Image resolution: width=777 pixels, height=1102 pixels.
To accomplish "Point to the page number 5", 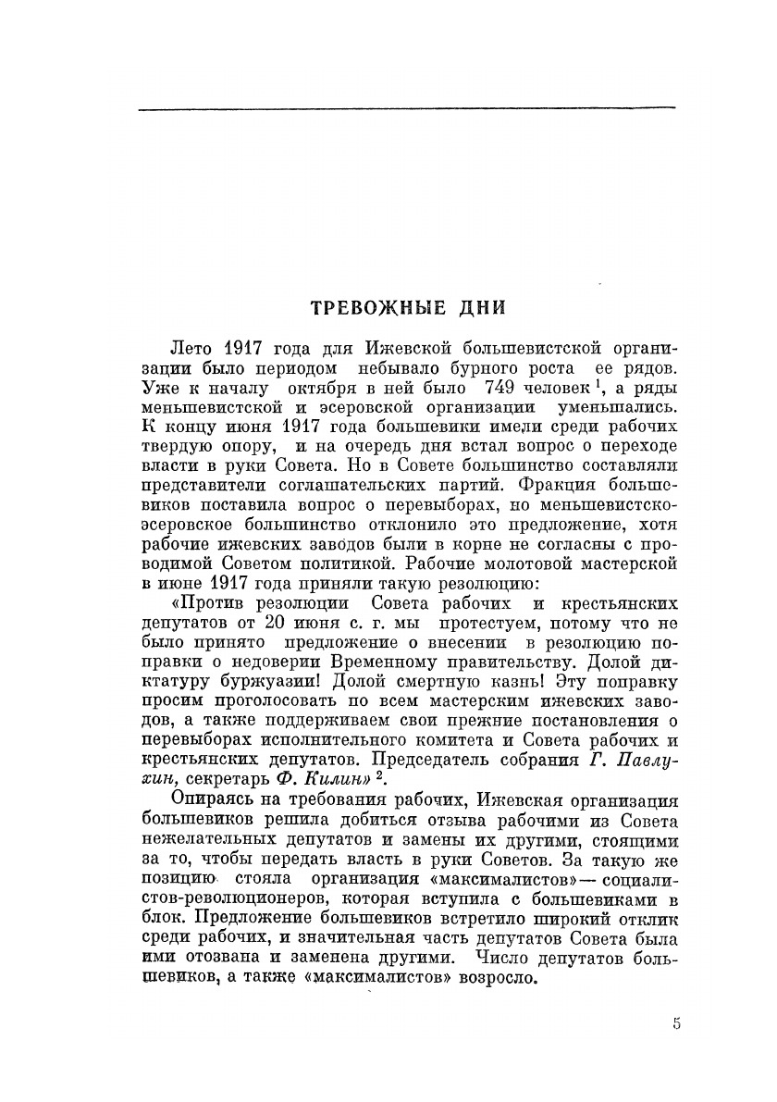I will pyautogui.click(x=677, y=1023).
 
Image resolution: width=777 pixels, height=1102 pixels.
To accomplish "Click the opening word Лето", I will pyautogui.click(x=193, y=349).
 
